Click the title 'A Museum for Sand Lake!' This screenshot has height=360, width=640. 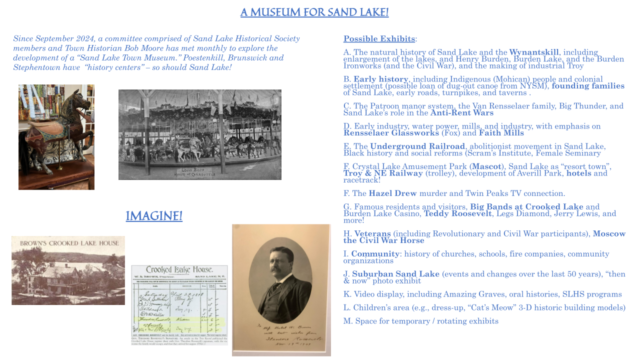point(314,12)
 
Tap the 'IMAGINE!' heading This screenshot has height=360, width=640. point(154,216)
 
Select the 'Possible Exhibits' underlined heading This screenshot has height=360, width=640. point(379,39)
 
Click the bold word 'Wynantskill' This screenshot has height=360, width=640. point(534,52)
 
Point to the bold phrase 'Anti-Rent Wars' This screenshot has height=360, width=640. point(461,113)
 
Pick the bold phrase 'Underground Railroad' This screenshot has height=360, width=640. point(417,146)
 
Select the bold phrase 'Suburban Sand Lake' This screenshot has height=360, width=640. point(395,274)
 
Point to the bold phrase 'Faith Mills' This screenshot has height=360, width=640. point(501,133)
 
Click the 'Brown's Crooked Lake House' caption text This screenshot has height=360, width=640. point(69,243)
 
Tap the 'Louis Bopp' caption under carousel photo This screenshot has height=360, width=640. point(200,170)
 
